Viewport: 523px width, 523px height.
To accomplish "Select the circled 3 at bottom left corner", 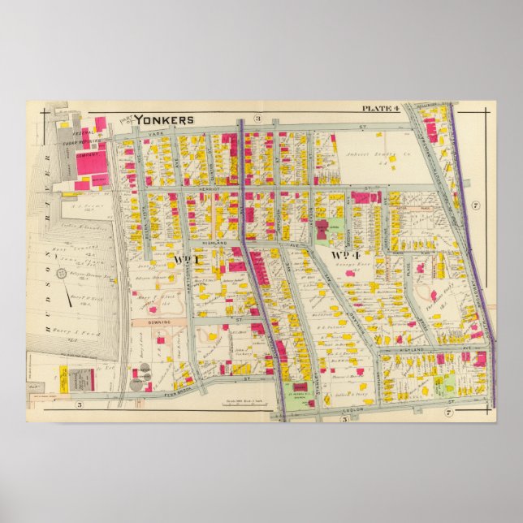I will click(x=80, y=404).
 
